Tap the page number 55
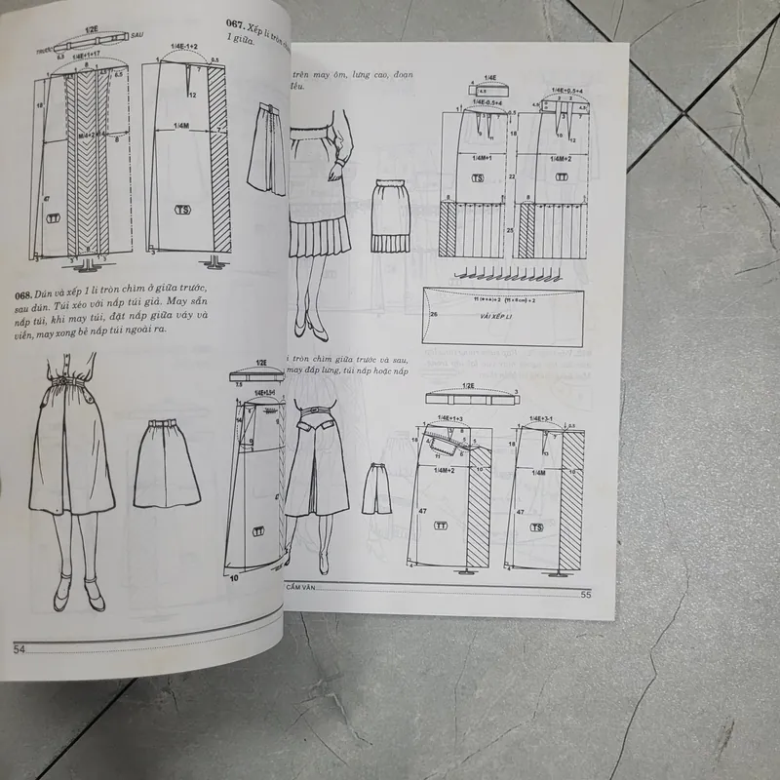pos(586,596)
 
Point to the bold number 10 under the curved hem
pos(235,577)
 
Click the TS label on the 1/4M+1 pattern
pos(478,179)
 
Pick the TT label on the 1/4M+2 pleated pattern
pos(563,179)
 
